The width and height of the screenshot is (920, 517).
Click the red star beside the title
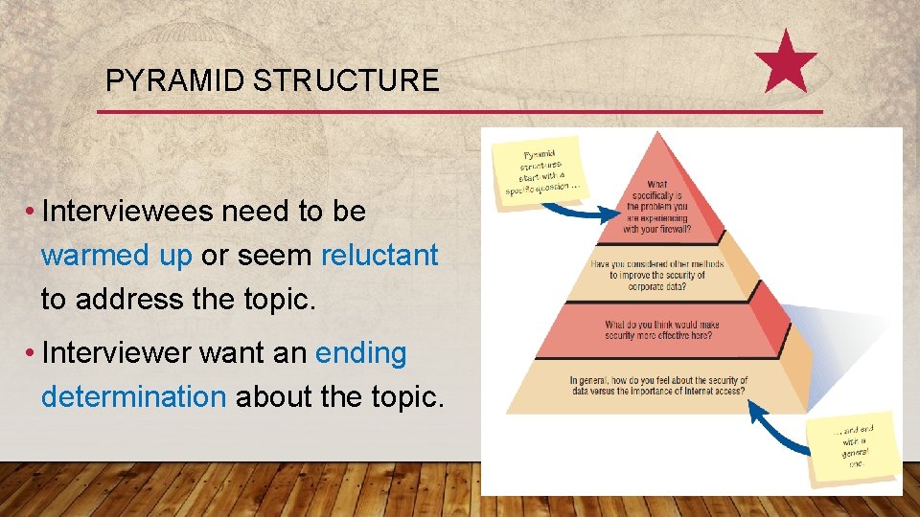786,62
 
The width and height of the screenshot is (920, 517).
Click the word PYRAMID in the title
175,80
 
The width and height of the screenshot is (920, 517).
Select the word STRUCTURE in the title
346,80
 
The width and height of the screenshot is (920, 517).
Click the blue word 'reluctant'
379,256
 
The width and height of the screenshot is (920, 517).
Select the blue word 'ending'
361,353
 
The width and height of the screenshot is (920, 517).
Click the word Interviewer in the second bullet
119,353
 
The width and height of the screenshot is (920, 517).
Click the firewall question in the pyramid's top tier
656,207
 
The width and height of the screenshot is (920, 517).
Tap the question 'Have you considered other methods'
657,275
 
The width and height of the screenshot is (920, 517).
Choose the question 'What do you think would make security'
661,330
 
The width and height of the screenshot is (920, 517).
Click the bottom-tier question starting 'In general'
658,385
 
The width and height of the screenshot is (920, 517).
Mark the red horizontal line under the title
460,112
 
